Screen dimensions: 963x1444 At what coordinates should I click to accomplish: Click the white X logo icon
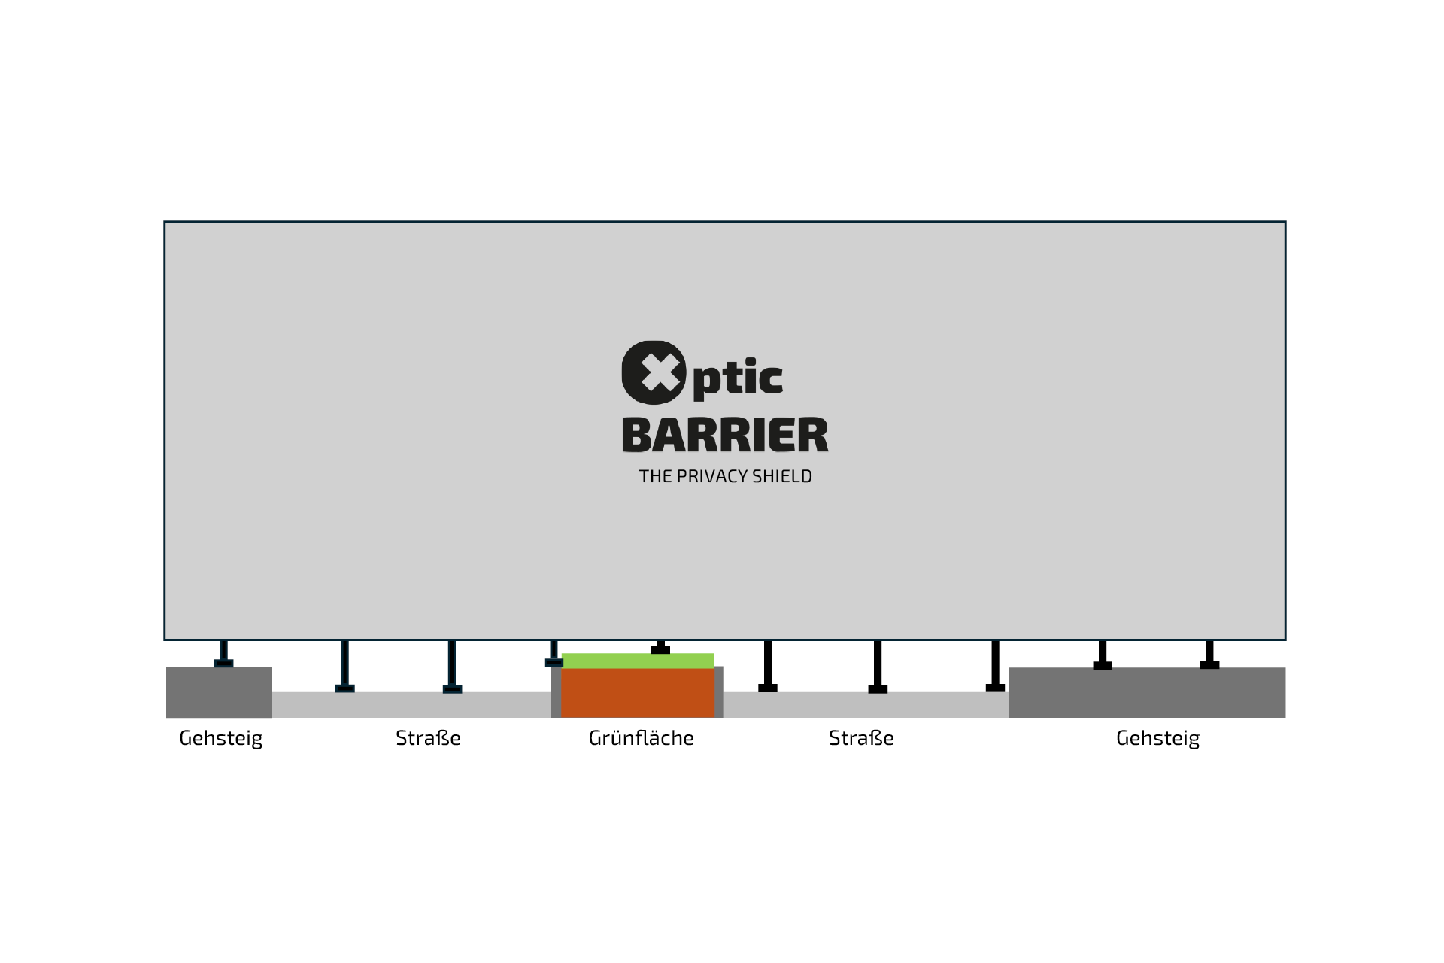654,372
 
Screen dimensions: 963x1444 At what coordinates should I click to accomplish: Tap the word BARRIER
725,436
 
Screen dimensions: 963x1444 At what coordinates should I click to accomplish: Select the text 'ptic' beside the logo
738,378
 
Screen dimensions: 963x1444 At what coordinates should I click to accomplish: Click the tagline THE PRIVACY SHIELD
725,476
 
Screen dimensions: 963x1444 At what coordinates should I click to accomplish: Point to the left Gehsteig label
220,738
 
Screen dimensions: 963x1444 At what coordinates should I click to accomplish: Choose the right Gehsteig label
1157,738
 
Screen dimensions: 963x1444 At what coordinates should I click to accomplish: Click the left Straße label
428,738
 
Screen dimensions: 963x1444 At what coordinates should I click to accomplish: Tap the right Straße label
861,738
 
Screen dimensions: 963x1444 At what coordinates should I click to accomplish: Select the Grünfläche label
641,738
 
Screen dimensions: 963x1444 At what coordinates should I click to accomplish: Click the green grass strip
638,661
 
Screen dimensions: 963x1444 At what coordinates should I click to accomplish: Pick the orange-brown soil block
638,693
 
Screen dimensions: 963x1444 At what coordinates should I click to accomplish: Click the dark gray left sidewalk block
219,693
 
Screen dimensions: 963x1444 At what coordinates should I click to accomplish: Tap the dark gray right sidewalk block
1146,693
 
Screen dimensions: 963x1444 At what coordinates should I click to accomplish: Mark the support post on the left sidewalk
223,653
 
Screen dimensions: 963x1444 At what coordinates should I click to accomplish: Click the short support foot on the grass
660,648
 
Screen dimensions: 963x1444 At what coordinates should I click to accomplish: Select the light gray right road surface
865,705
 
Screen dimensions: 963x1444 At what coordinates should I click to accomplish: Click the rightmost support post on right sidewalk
1209,654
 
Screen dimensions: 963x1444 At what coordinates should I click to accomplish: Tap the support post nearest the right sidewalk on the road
995,666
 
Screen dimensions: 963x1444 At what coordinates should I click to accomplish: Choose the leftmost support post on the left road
344,666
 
